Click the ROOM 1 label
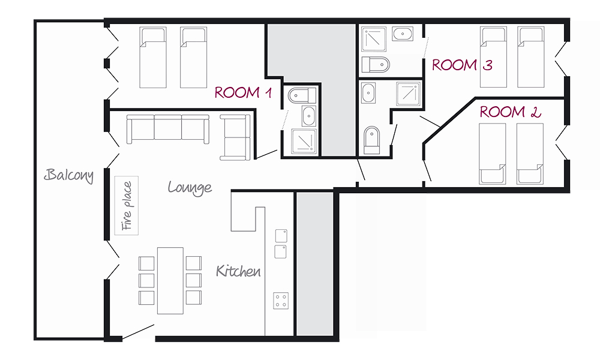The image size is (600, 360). coord(243,92)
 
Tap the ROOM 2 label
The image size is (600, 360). coord(511,112)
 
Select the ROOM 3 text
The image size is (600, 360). coord(462,65)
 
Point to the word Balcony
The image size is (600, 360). coord(69,175)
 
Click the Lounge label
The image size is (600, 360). coord(190,188)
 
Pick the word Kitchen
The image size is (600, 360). coord(238,271)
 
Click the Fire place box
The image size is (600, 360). coord(127,205)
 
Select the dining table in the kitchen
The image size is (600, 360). coord(170,280)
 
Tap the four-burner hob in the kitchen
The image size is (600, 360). coord(281,301)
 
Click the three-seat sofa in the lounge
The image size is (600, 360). coord(168,130)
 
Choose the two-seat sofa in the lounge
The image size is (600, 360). coord(235,137)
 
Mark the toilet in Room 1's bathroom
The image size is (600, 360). coord(302,95)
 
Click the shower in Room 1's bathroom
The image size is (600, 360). coord(304,142)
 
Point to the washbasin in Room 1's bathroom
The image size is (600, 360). coord(309,116)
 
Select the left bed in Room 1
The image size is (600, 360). coord(152,58)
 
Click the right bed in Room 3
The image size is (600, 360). coord(531,57)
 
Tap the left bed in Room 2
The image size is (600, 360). coord(493,154)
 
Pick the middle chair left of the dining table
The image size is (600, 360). coord(146,280)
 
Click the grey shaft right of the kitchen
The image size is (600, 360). coord(315,264)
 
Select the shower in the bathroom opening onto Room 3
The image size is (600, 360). coord(374,39)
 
